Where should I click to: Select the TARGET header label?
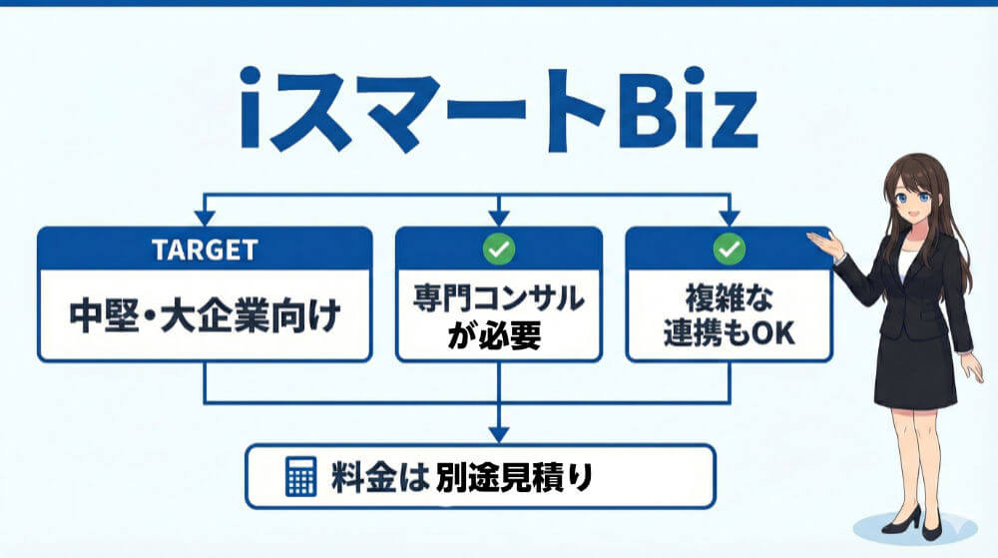(205, 250)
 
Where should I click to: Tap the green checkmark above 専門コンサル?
(498, 250)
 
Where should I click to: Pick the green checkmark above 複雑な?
(729, 250)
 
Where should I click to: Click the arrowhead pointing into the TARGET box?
(205, 217)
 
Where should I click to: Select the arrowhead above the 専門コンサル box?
(498, 217)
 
